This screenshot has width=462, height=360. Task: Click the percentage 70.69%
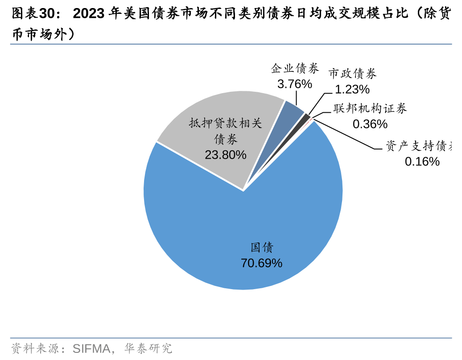pyautogui.click(x=261, y=263)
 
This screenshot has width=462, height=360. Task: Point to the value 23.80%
pyautogui.click(x=225, y=155)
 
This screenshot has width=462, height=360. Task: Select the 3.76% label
pyautogui.click(x=294, y=84)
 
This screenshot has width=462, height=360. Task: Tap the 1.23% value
pyautogui.click(x=352, y=90)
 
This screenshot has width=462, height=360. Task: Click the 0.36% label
pyautogui.click(x=370, y=124)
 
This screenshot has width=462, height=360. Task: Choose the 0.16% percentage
pyautogui.click(x=422, y=162)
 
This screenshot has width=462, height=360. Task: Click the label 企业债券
pyautogui.click(x=295, y=69)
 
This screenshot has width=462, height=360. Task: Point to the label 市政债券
pyautogui.click(x=352, y=74)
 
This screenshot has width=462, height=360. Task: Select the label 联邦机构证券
pyautogui.click(x=370, y=109)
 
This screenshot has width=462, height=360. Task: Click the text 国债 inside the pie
pyautogui.click(x=261, y=248)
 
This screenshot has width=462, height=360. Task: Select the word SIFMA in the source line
pyautogui.click(x=91, y=348)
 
